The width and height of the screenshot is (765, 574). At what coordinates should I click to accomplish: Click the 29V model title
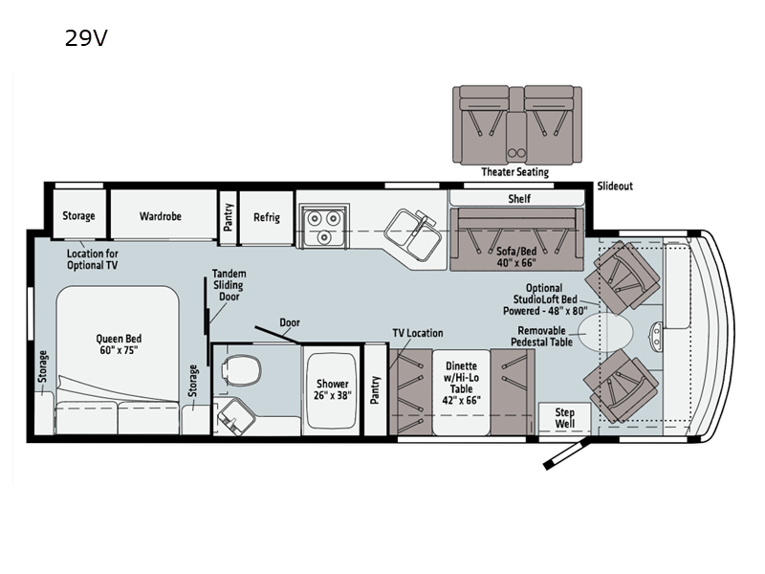tap(86, 38)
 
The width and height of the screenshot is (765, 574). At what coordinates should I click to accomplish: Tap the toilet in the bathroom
tap(241, 367)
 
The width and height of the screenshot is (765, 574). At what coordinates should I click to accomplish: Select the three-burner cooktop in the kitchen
tap(323, 226)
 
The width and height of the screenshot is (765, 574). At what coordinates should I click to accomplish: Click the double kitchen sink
tap(413, 233)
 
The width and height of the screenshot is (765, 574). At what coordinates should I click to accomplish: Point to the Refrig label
tap(267, 217)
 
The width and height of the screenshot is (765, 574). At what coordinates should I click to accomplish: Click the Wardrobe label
tap(161, 216)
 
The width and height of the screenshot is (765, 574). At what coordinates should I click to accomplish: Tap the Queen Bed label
tap(119, 344)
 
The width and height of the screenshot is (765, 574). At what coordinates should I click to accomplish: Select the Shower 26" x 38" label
tap(332, 389)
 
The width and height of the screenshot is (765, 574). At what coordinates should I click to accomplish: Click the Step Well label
tap(564, 418)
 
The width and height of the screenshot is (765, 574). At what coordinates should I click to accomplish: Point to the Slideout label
tap(615, 186)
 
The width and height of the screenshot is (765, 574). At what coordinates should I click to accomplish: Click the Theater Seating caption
tap(514, 172)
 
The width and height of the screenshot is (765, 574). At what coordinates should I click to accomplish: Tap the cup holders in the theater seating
tap(516, 153)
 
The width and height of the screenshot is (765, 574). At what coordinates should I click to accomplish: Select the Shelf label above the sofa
tap(519, 199)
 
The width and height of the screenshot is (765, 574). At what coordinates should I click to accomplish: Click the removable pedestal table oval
tap(606, 332)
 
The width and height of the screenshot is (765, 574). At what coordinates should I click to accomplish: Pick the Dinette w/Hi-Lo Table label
tap(462, 384)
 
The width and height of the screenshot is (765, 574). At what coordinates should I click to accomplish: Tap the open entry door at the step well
tap(567, 453)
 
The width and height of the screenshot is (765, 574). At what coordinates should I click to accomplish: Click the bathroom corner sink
tap(235, 416)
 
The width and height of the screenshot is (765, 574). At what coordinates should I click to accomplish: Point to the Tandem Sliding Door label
tap(229, 285)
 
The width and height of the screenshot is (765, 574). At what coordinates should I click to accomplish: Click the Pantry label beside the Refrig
tap(228, 217)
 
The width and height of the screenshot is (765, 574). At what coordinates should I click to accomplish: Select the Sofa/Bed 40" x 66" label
tap(516, 256)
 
